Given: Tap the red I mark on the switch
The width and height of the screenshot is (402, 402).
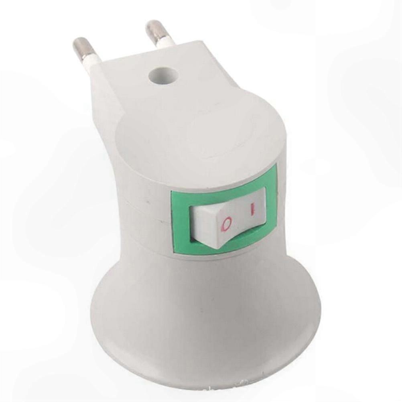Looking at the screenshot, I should click(253, 209).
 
